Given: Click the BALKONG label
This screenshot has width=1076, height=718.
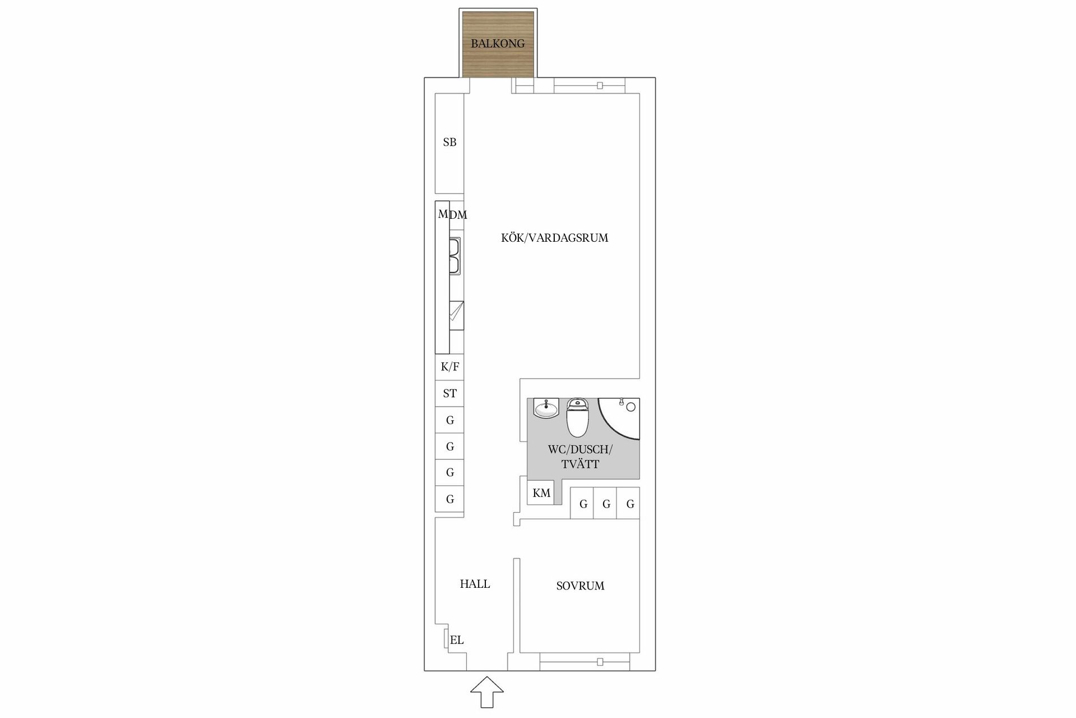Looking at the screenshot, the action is pos(498,43).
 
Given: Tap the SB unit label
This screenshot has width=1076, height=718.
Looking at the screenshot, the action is pos(449,142).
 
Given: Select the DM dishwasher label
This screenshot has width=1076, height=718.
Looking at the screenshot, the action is pos(458,215).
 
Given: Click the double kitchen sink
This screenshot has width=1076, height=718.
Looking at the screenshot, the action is pos(455,256).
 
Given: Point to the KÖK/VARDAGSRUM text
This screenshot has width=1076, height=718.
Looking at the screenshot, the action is pos(554,238).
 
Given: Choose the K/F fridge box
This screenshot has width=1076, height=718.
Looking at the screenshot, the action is pos(449,367).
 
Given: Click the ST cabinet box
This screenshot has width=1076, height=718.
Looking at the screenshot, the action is pos(449,393).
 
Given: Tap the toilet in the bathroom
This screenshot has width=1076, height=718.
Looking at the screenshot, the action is pos(577,417).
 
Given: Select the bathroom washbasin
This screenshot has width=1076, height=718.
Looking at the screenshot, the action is pos(546,408).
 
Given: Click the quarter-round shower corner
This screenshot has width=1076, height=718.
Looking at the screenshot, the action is pos(619,418).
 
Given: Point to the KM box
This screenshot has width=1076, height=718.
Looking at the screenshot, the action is pos(541,493).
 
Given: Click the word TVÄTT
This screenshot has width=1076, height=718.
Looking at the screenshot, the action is pos(580,464).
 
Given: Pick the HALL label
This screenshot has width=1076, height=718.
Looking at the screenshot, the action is pos(475,584).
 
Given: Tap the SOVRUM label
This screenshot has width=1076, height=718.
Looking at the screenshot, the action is pos(580,586).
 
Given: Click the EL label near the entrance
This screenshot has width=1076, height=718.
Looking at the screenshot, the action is pos(457,640).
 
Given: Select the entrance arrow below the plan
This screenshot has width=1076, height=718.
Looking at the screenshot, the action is pos(486,692).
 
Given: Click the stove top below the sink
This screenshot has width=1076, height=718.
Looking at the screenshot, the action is pos(456,315).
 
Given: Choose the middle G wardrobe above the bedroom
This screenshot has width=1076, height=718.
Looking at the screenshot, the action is pos(605,503).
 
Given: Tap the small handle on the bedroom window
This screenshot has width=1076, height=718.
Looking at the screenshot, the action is pos(600,662).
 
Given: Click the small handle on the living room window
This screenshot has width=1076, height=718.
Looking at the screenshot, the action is pos(600,86).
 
